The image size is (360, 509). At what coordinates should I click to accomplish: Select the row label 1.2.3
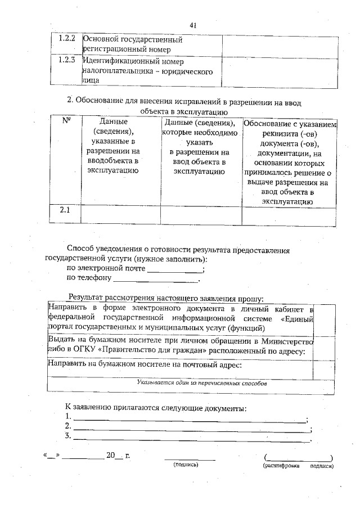(x=67, y=60)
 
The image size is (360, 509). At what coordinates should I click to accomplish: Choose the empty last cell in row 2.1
(x=289, y=215)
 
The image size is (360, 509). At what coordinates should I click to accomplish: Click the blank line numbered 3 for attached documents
(x=192, y=439)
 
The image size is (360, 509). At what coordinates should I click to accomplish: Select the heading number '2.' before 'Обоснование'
(x=70, y=100)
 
